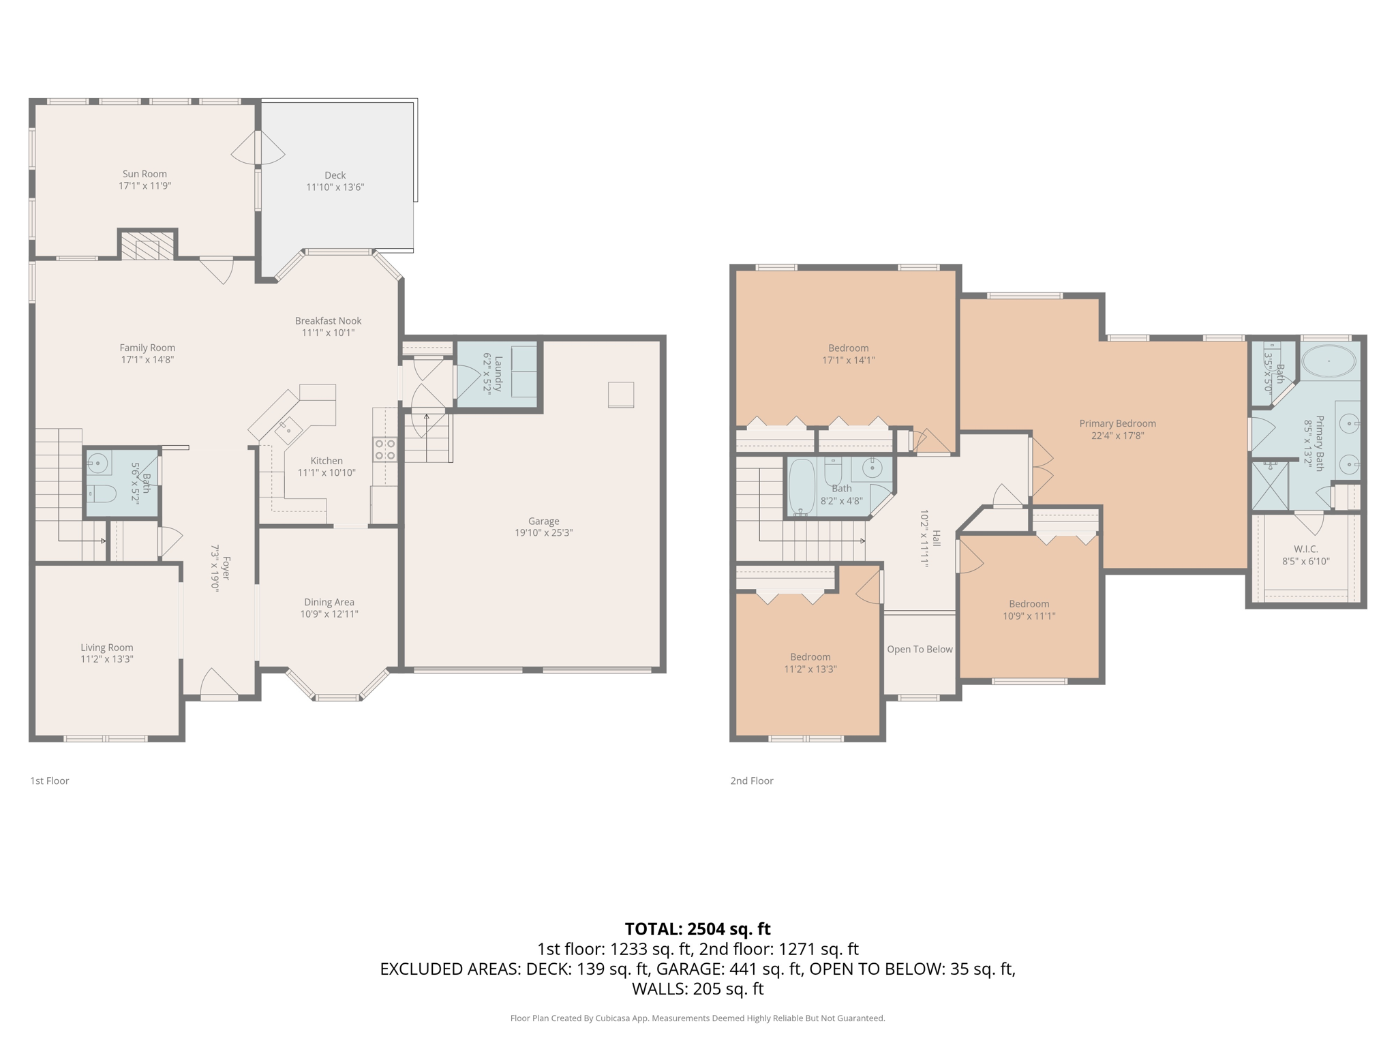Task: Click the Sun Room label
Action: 145,174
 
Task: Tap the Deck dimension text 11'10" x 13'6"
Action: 335,187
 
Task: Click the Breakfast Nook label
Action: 328,320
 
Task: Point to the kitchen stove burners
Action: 384,450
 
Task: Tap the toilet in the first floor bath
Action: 101,493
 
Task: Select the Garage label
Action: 543,521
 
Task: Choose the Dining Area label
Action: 329,602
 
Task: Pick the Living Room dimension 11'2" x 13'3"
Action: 107,659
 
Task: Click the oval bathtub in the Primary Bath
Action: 1329,361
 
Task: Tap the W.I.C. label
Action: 1305,549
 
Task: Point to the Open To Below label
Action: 920,649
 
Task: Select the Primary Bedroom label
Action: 1117,423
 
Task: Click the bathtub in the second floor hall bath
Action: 802,486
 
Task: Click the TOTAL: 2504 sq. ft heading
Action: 697,929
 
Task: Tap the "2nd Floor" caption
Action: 752,780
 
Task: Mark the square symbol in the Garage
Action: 621,395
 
